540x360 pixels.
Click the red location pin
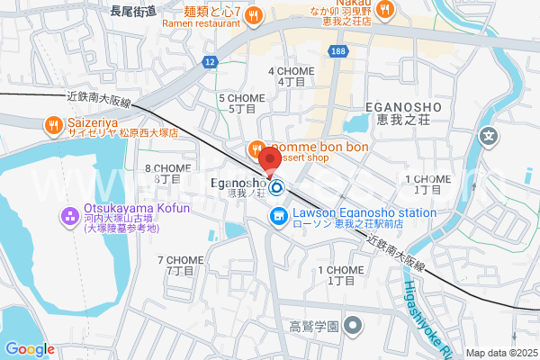267,161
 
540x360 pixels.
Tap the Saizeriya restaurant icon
54,125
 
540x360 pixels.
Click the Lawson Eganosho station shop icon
278,216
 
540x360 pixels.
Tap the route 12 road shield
209,61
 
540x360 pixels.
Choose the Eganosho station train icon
277,188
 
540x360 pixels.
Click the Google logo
30,349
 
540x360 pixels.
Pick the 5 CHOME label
241,103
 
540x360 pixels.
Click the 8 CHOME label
167,173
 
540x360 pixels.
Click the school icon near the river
489,138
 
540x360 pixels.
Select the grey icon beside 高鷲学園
354,325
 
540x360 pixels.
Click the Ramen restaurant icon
254,13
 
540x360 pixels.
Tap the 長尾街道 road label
133,11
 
